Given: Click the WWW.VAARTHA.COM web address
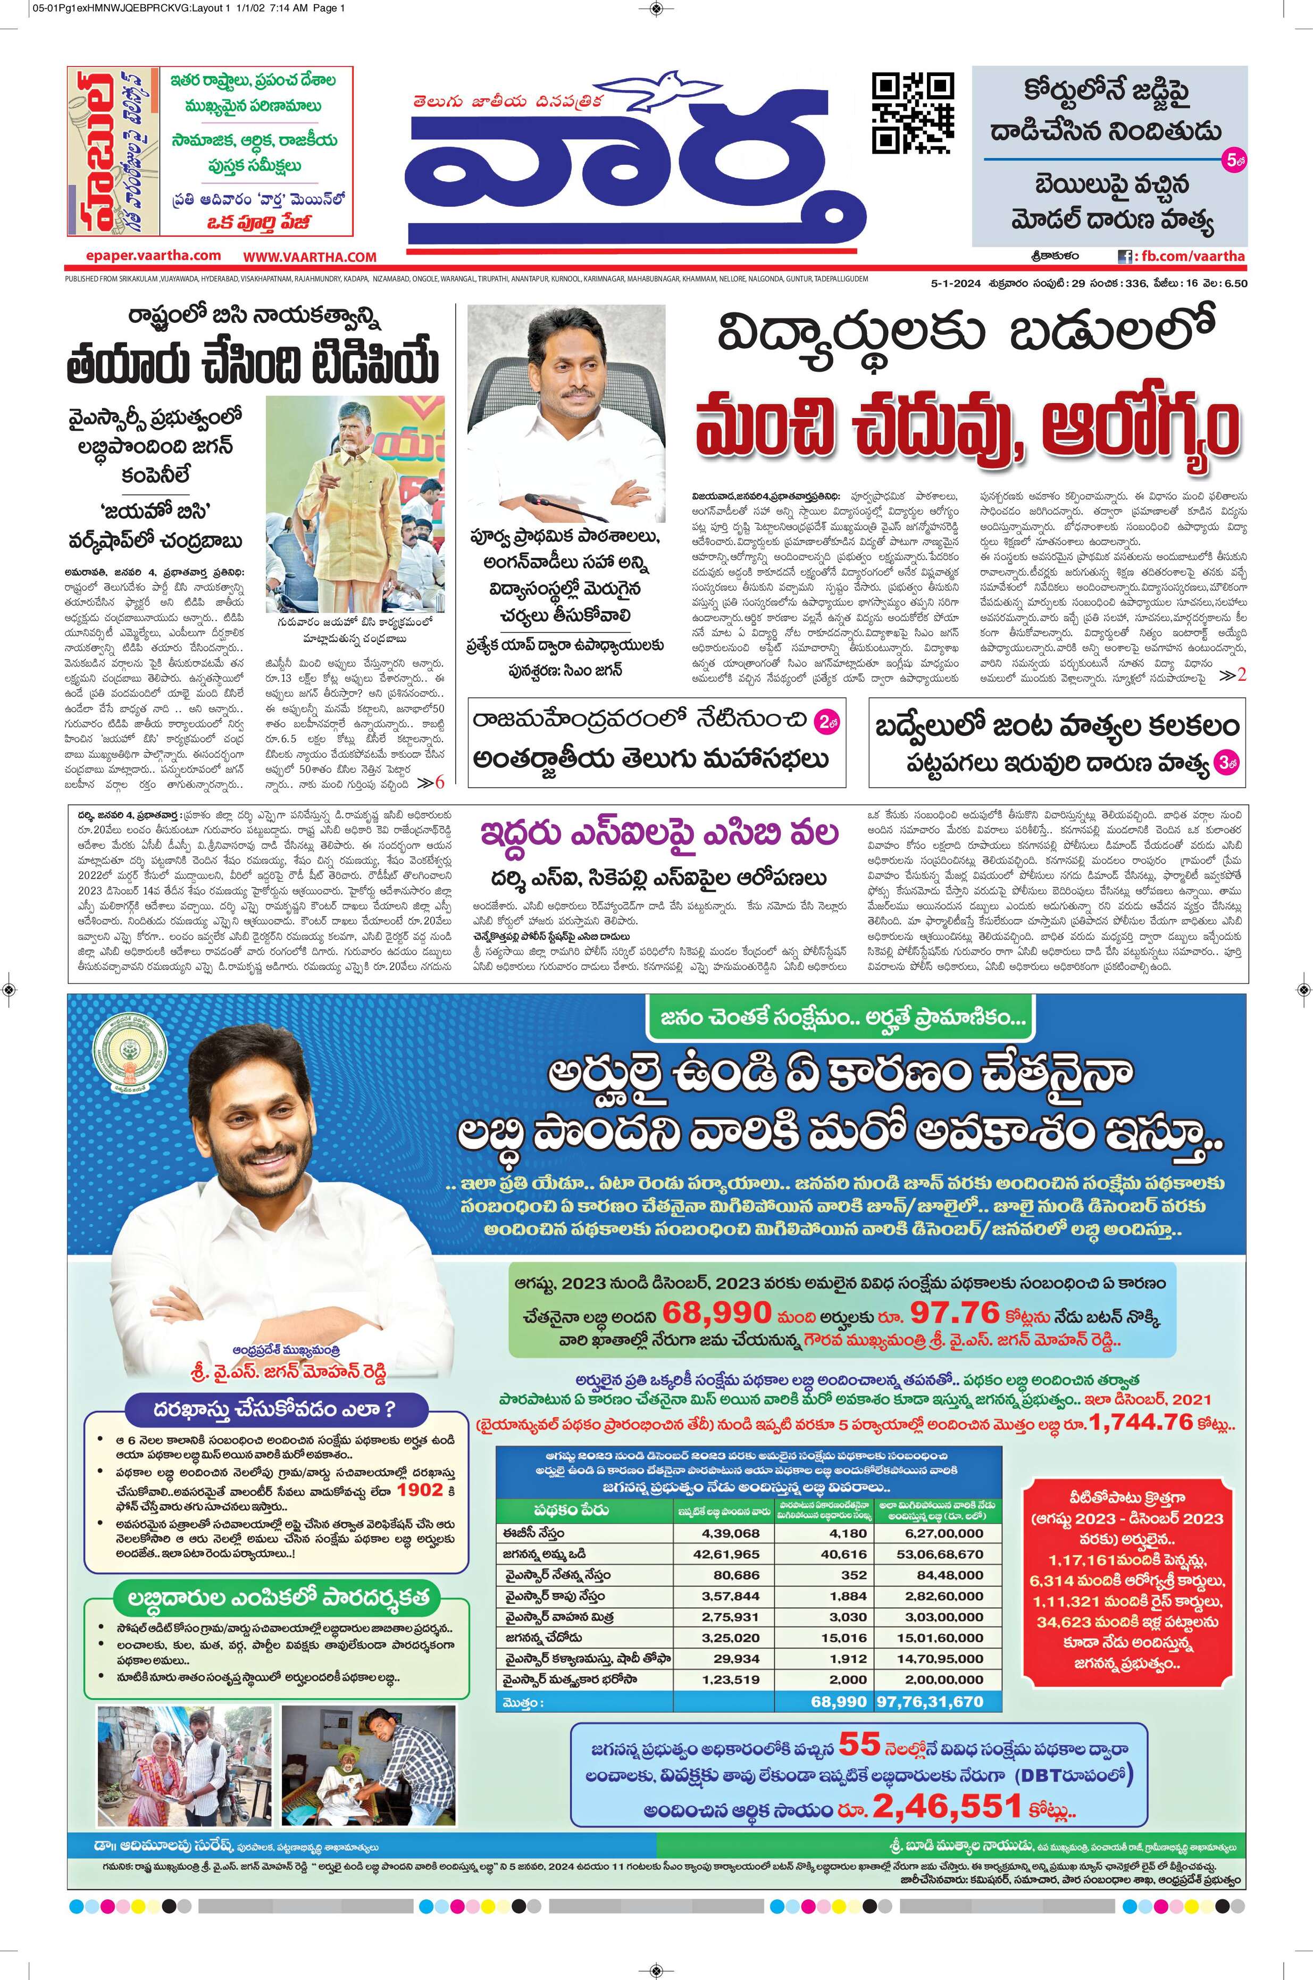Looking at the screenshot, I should pos(310,257).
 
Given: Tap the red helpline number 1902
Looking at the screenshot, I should pos(420,1490).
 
